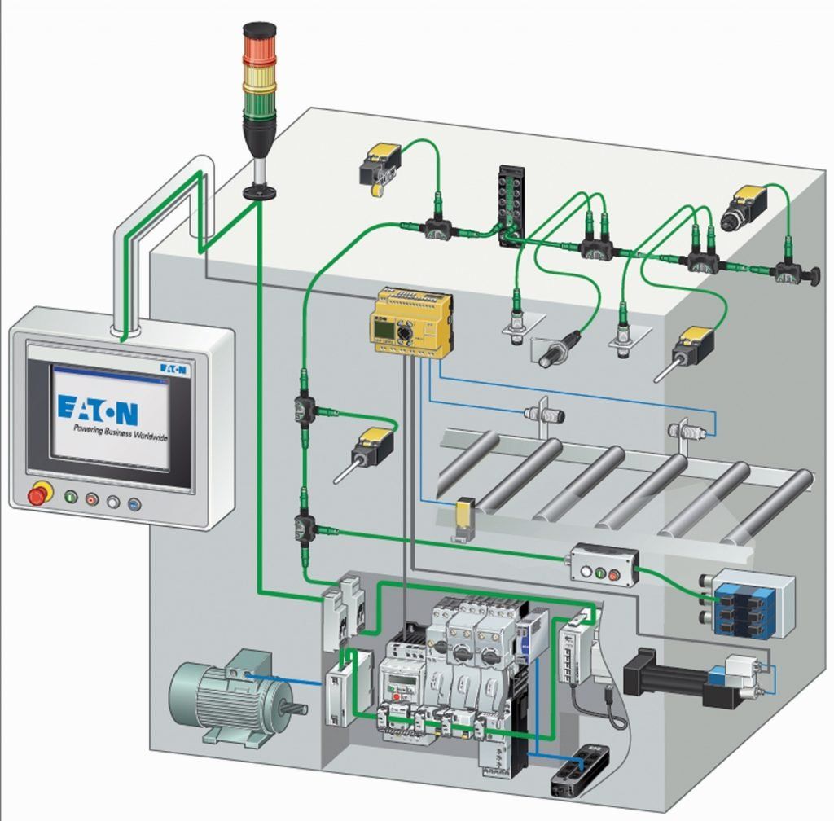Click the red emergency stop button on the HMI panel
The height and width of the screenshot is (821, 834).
click(37, 494)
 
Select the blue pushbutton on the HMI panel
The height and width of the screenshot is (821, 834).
click(134, 504)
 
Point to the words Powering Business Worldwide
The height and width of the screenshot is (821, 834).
click(121, 432)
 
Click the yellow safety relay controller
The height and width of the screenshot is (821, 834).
click(411, 323)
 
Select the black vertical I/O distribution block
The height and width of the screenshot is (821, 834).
click(511, 206)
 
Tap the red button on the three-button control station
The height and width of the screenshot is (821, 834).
click(614, 574)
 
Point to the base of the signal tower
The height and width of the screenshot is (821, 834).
click(260, 192)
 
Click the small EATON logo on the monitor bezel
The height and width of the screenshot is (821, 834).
click(173, 368)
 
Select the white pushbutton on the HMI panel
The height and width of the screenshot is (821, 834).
click(112, 502)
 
